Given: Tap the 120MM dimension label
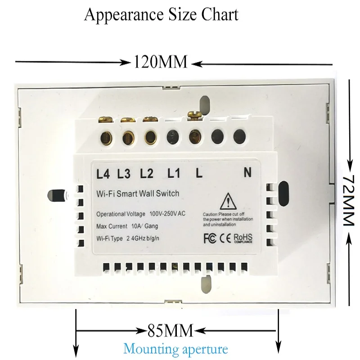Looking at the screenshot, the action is click(160, 62).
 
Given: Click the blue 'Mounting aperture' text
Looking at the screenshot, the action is click(176, 349).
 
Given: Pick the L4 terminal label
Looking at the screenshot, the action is click(103, 173).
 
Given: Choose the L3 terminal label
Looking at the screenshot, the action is click(124, 173).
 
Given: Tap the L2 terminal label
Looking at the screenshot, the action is click(147, 173).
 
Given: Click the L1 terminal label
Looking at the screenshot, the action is click(174, 173).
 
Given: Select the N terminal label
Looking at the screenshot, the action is click(247, 173).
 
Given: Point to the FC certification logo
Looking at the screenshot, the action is click(210, 237).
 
